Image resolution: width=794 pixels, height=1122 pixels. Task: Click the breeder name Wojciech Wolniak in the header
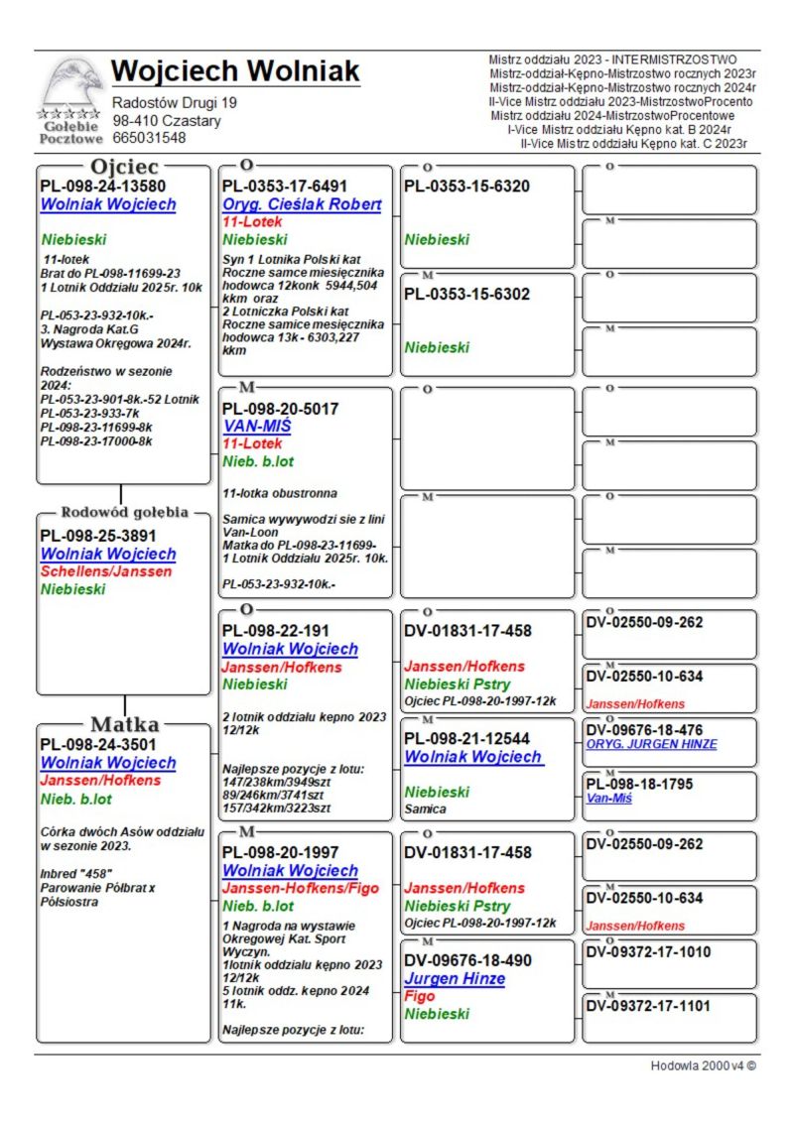[x=235, y=71]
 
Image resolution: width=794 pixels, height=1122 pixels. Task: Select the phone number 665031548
[x=149, y=138]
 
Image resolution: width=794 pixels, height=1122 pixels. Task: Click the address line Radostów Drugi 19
[x=175, y=103]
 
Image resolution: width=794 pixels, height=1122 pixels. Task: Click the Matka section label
[x=124, y=723]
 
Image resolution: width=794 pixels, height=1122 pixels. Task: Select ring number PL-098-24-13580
[x=102, y=186]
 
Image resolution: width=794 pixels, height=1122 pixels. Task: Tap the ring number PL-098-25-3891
[x=97, y=536]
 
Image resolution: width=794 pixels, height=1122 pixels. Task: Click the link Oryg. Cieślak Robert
[x=302, y=204]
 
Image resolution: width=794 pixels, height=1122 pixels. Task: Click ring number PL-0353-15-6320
[x=466, y=187]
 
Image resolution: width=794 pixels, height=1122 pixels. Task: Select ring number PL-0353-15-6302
[x=466, y=295]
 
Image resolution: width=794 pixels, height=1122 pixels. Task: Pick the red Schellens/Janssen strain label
[x=106, y=571]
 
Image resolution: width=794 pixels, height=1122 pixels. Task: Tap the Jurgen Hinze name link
[x=455, y=979]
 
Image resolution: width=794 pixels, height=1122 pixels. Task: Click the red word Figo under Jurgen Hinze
[x=420, y=996]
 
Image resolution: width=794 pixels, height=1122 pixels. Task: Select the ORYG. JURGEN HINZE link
[x=651, y=744]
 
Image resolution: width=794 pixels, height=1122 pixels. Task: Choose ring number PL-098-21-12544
[x=467, y=739]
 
